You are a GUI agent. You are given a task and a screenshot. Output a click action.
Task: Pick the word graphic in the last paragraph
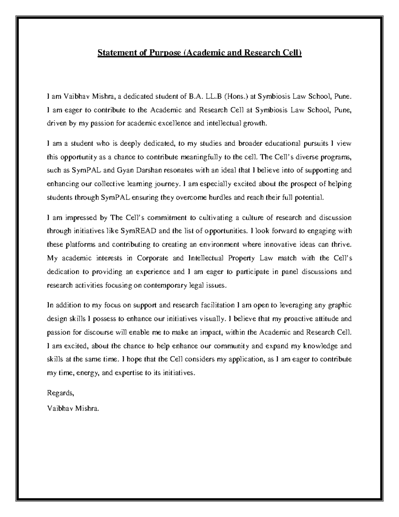point(340,305)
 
